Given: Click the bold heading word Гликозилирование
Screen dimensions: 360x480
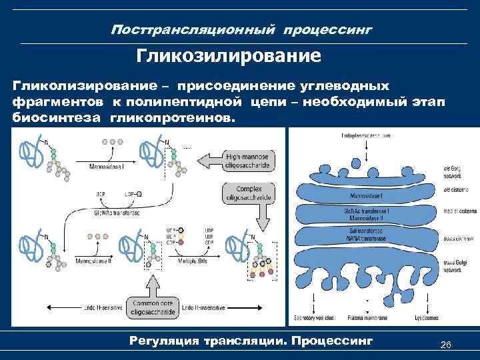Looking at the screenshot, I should (229, 55).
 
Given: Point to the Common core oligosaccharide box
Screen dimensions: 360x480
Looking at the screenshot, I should (153, 306).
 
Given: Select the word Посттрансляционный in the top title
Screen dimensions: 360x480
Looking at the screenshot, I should (193, 30).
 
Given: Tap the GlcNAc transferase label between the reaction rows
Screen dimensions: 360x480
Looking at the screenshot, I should (117, 213).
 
